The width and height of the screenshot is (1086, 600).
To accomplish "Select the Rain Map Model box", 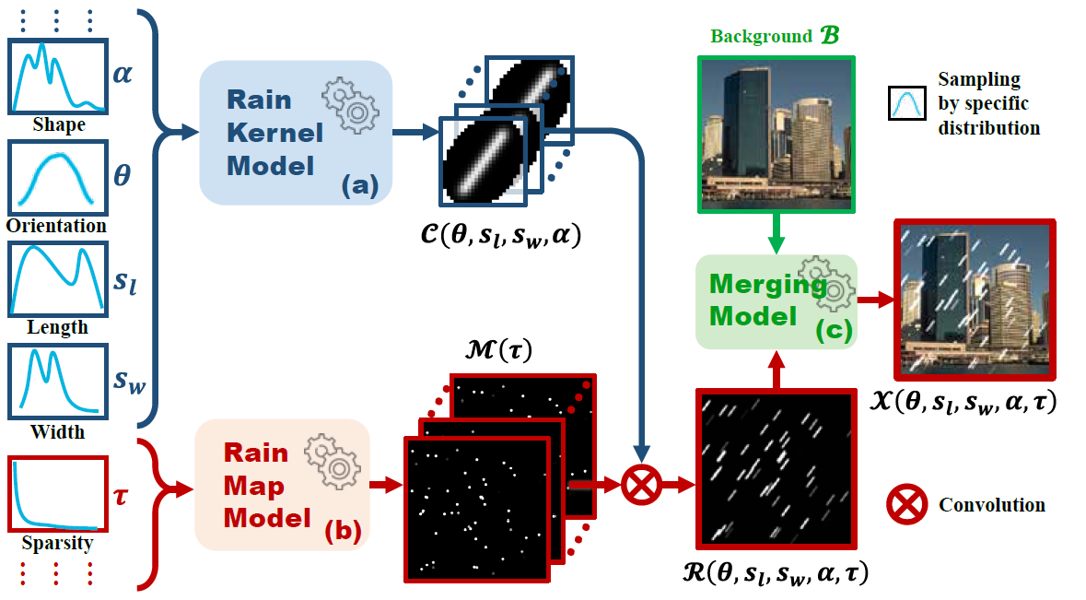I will (x=282, y=485).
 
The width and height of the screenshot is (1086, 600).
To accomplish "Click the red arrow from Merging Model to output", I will (x=875, y=300).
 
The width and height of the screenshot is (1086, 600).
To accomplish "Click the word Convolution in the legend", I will (x=992, y=504).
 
